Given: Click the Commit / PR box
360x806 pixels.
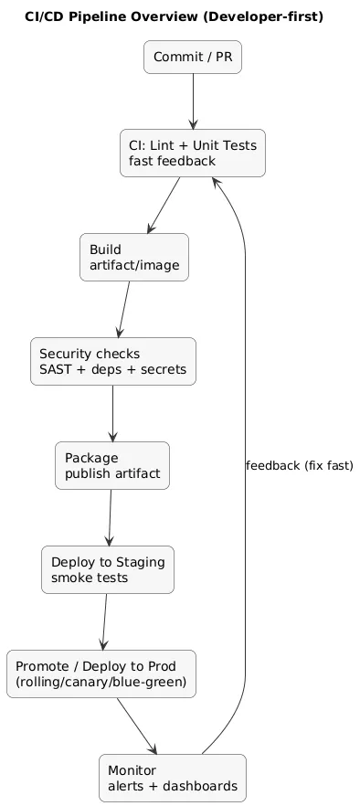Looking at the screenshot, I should (x=192, y=58).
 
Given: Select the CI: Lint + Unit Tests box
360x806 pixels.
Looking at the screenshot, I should (x=192, y=153).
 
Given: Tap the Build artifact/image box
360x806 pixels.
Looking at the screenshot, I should (x=133, y=258).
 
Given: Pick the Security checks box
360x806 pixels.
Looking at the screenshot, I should (x=112, y=361).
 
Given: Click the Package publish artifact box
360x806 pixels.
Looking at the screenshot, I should (x=111, y=465).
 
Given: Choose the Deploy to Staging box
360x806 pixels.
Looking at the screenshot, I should (x=107, y=569).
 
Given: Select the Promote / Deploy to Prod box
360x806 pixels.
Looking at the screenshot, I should (x=101, y=673).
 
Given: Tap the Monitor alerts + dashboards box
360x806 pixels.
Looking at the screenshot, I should (x=172, y=778).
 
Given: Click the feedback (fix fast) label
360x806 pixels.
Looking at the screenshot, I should (x=300, y=466).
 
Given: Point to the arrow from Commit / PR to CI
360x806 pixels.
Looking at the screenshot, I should (x=192, y=102).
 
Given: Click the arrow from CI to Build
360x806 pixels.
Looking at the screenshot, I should (x=164, y=205).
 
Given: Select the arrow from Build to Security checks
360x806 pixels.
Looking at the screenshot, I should (x=123, y=309).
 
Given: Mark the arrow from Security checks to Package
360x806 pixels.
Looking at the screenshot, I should (x=112, y=413).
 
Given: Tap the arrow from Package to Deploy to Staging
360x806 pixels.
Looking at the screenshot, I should (x=110, y=517).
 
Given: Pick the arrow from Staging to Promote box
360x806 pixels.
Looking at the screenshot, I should (x=104, y=621).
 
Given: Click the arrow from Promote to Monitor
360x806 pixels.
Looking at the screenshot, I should (x=136, y=726).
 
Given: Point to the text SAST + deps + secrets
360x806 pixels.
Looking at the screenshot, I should (x=112, y=370).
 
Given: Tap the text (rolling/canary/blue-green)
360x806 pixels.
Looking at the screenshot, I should (x=101, y=683).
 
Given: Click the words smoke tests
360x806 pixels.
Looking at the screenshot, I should (x=90, y=578).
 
